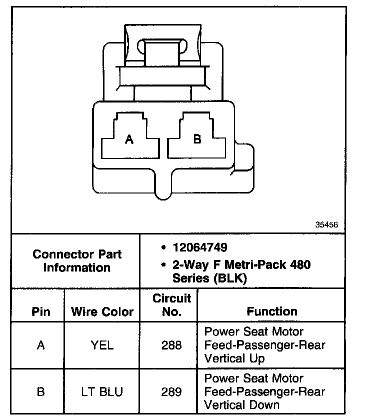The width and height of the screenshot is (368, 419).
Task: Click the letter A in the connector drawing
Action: (x=129, y=140)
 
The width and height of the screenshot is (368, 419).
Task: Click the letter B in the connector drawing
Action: (x=197, y=139)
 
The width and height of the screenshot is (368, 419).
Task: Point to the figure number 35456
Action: (x=326, y=225)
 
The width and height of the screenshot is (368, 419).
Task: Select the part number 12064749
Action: (x=199, y=247)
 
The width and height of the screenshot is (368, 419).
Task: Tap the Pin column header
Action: (x=41, y=312)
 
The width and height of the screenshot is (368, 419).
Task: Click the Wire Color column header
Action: (x=102, y=312)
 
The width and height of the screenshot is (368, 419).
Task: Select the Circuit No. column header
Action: (x=171, y=305)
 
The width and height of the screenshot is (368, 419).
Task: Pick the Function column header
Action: (x=272, y=311)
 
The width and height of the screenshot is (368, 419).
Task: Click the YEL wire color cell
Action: (x=102, y=345)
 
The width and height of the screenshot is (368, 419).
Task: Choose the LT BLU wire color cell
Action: (x=102, y=392)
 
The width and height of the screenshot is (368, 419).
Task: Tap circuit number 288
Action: (x=171, y=345)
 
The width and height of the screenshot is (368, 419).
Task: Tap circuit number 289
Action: (x=171, y=392)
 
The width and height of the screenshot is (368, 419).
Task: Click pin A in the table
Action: (x=41, y=345)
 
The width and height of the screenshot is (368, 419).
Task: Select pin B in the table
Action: (x=41, y=392)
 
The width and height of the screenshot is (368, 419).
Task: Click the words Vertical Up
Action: (x=235, y=358)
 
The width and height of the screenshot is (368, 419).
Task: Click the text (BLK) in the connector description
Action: (x=230, y=278)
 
